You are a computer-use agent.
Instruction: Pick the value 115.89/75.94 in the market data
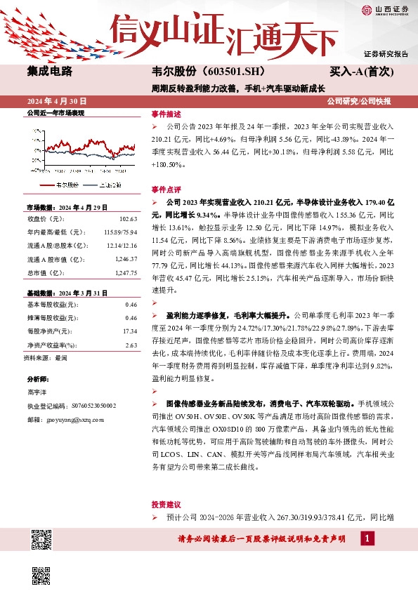click(x=120, y=231)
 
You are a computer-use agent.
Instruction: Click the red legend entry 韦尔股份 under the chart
click(x=62, y=185)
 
